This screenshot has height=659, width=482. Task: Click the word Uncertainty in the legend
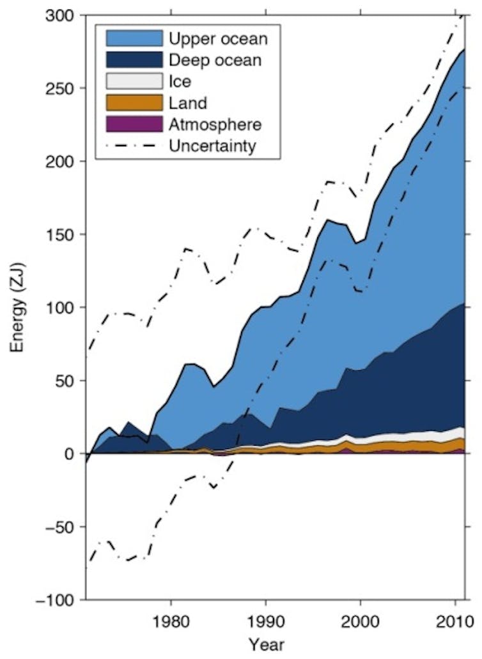[x=213, y=146]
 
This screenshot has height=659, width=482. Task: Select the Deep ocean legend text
[x=215, y=60]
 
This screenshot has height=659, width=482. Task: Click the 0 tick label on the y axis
[x=72, y=454]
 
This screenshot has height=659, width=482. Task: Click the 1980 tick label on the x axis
[x=171, y=620]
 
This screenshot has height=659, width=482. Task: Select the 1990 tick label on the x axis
[x=265, y=620]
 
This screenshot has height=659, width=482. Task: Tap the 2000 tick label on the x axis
[x=360, y=620]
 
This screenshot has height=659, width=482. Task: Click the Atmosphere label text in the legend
[x=215, y=124]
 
